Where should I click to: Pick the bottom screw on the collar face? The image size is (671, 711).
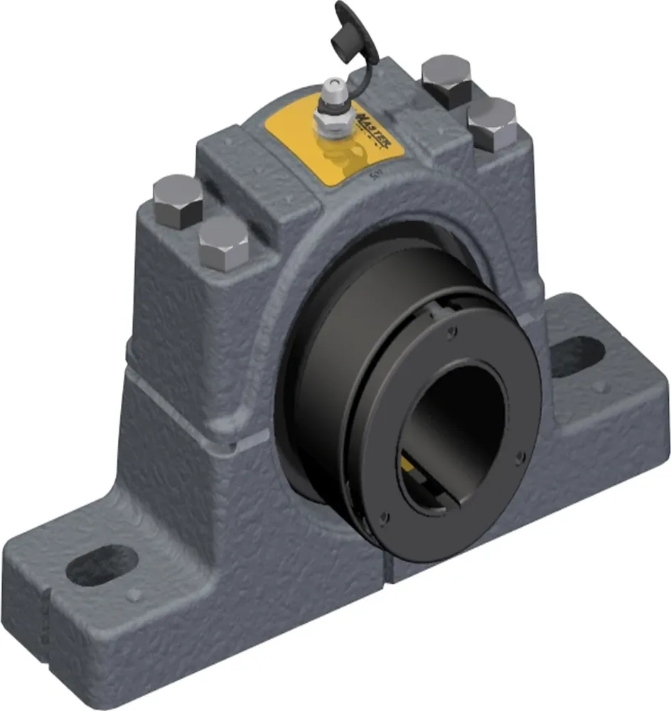click(385, 517)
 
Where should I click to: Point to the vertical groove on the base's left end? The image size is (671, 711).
click(43, 619)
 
